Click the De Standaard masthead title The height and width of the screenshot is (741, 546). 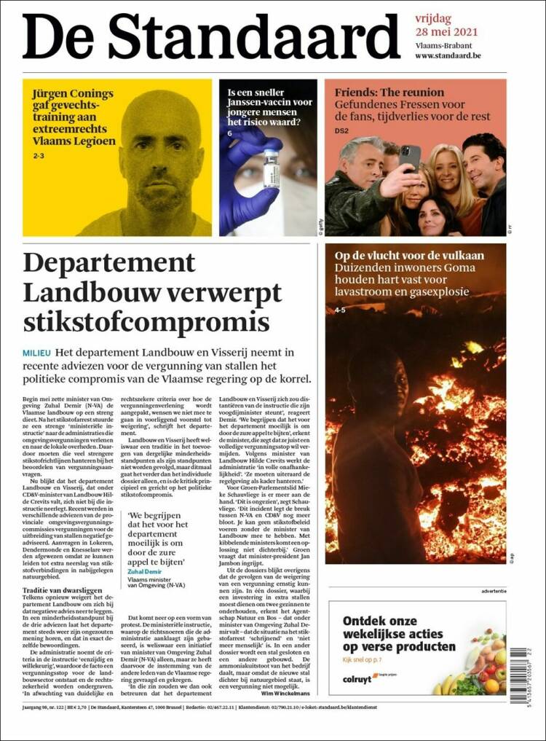pos(211,36)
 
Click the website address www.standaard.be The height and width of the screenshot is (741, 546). pos(448,55)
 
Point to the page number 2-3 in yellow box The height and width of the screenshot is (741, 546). pos(38,156)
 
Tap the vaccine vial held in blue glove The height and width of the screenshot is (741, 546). pos(271,168)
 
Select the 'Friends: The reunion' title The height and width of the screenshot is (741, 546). pos(389,93)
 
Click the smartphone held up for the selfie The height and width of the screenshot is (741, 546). pos(409,157)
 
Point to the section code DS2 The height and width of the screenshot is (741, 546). pos(341,131)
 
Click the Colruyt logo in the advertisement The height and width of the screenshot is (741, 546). pos(360,679)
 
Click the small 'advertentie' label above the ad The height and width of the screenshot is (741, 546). pos(488,591)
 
